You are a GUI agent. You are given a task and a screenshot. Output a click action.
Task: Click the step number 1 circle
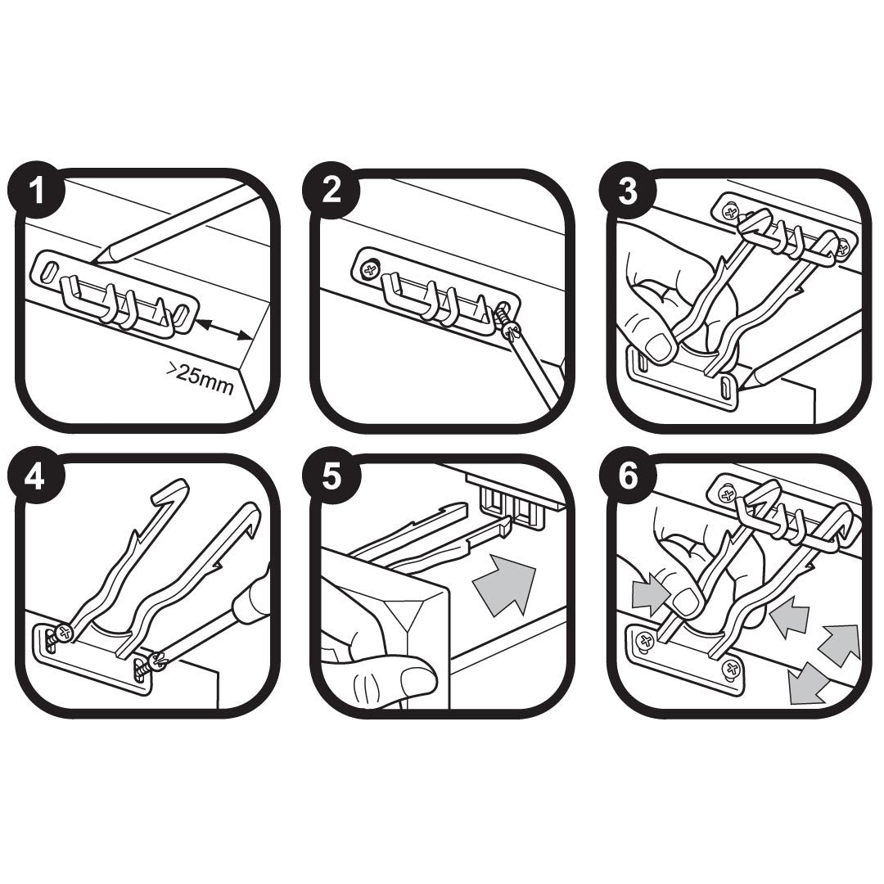pyautogui.click(x=36, y=193)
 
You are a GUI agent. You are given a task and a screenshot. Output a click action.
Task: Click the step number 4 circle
pyautogui.click(x=36, y=478)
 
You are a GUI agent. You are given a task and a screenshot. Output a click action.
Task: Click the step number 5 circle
pyautogui.click(x=331, y=478)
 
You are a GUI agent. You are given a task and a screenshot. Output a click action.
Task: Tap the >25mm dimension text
pyautogui.click(x=201, y=379)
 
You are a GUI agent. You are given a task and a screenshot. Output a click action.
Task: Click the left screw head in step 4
pyautogui.click(x=63, y=633)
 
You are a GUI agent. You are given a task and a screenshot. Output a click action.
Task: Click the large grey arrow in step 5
pyautogui.click(x=503, y=582)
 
